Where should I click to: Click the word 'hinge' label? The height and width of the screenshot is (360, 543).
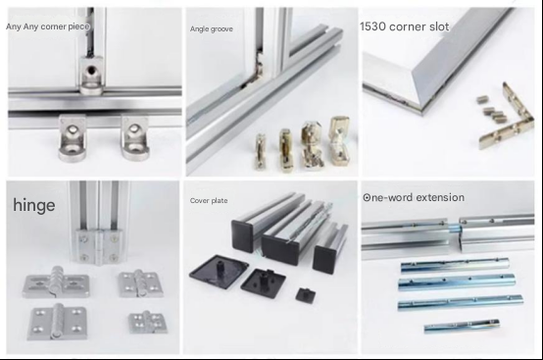34,205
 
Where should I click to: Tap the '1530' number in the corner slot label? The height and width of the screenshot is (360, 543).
372,26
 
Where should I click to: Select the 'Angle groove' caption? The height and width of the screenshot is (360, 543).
212,29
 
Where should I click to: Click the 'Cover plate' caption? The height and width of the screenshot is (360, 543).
209,201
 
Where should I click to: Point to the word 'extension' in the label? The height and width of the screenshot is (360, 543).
440,197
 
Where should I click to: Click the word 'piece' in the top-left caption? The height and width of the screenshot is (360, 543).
78,26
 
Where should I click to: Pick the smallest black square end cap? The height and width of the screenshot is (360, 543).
306,295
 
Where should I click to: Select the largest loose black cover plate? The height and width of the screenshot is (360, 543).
219,272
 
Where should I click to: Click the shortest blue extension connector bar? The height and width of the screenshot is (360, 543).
462,326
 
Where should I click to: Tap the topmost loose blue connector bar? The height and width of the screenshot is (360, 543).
455,265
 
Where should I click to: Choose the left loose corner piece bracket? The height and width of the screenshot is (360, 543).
72,138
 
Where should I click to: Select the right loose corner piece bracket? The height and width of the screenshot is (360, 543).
134,138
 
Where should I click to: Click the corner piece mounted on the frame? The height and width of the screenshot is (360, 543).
91,77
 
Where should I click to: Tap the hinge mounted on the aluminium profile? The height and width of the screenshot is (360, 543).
98,245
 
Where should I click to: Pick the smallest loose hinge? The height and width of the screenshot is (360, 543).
148,322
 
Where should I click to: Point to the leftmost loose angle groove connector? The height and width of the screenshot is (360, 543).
260,152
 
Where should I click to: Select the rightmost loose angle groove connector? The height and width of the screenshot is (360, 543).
340,139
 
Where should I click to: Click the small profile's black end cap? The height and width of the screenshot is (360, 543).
324,259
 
